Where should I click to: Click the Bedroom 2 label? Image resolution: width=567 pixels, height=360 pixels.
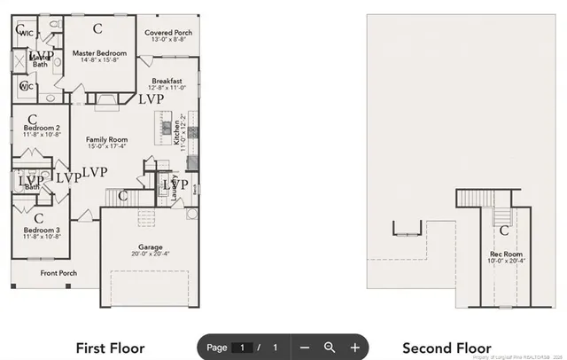click(42, 131)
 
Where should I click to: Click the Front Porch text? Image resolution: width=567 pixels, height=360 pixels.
click(58, 273)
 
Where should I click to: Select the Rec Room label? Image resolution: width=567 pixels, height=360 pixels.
click(502, 256)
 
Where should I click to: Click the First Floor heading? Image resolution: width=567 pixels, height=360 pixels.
click(110, 348)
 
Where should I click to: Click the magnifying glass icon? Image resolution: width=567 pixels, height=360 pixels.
click(330, 348)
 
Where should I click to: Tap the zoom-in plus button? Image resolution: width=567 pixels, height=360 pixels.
click(354, 348)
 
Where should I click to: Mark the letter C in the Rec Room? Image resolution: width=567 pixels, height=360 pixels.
click(503, 231)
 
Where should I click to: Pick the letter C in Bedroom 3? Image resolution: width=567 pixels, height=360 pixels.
click(39, 216)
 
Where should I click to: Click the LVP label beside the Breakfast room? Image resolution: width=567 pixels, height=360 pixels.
click(151, 99)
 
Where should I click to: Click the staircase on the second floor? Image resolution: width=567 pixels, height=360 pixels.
click(501, 215)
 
